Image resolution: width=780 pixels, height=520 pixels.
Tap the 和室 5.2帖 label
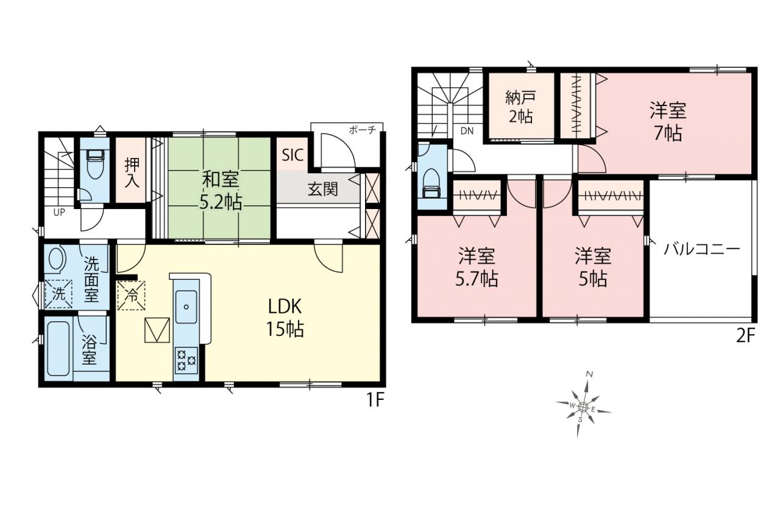click(221, 191)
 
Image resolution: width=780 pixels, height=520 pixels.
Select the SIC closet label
click(292, 155)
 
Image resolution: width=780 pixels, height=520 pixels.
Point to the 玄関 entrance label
click(322, 190)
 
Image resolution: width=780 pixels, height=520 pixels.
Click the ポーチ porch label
click(363, 130)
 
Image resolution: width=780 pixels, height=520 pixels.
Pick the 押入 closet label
click(132, 173)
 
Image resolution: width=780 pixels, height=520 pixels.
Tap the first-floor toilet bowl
click(94, 164)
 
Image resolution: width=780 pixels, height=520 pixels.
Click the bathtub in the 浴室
click(58, 349)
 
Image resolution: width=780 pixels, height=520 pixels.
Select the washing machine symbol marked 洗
click(58, 294)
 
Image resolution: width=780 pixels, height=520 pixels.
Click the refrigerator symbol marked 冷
click(131, 295)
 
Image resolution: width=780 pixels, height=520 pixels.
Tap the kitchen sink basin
click(186, 307)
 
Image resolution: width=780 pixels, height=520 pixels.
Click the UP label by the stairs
click(59, 212)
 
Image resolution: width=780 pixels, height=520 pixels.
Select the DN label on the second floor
click(467, 131)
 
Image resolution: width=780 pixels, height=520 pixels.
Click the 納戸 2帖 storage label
click(520, 107)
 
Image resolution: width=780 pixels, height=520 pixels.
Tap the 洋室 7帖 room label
click(668, 121)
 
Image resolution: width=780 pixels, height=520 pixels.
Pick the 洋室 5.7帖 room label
click(477, 267)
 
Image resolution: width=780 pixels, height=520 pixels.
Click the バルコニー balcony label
click(701, 249)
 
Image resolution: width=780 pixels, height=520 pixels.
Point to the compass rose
click(583, 407)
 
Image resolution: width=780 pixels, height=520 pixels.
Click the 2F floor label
click(745, 336)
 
